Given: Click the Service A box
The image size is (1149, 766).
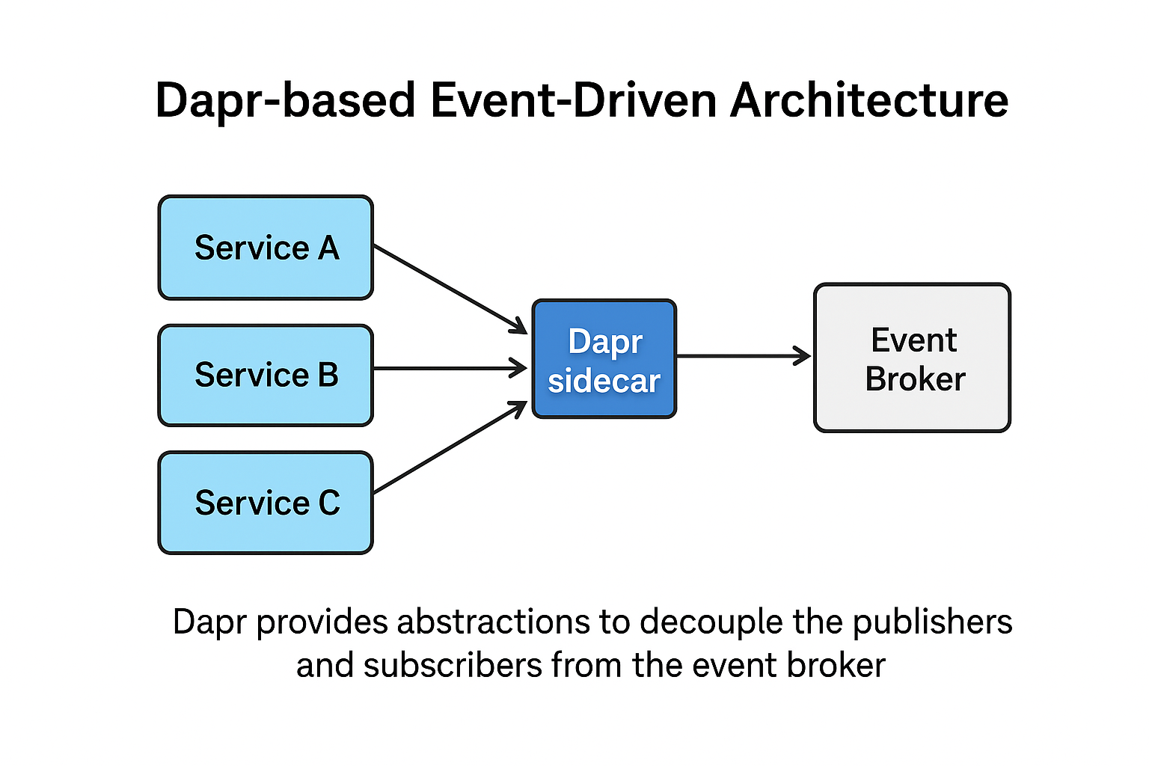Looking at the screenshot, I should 266,248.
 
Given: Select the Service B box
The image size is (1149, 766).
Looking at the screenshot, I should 266,375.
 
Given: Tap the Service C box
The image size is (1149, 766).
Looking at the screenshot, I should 266,503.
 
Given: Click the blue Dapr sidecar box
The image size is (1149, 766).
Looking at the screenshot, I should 604,359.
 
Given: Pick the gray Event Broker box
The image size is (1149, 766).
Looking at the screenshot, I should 912,358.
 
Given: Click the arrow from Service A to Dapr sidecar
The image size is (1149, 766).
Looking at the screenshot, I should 449,289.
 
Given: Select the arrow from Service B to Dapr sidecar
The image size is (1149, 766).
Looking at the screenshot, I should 449,368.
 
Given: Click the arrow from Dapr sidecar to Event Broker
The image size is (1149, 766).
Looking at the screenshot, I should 741,356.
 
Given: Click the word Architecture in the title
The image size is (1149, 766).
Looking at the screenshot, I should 869,100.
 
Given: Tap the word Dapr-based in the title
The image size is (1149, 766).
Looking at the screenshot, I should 285,100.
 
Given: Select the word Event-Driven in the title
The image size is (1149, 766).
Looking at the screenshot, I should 573,100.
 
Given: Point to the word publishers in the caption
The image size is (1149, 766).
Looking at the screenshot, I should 932,622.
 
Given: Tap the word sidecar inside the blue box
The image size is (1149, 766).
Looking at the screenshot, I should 604,381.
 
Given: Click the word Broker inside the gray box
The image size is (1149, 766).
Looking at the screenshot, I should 915,379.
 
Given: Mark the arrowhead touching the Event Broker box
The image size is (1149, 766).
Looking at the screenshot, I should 803,356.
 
